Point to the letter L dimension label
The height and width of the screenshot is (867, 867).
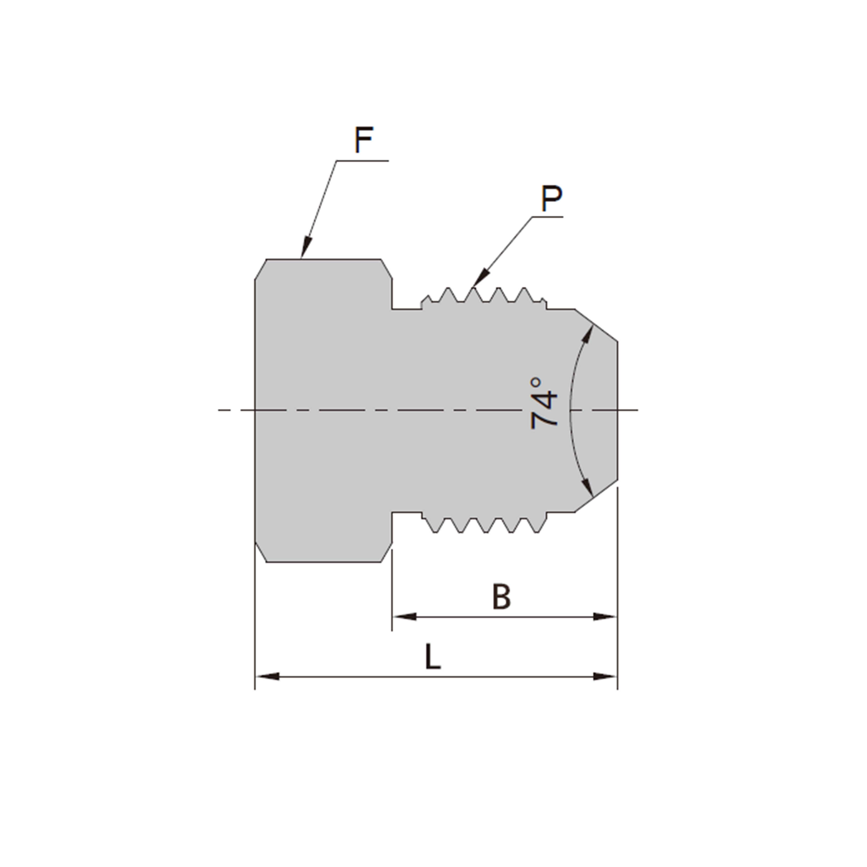click(433, 657)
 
